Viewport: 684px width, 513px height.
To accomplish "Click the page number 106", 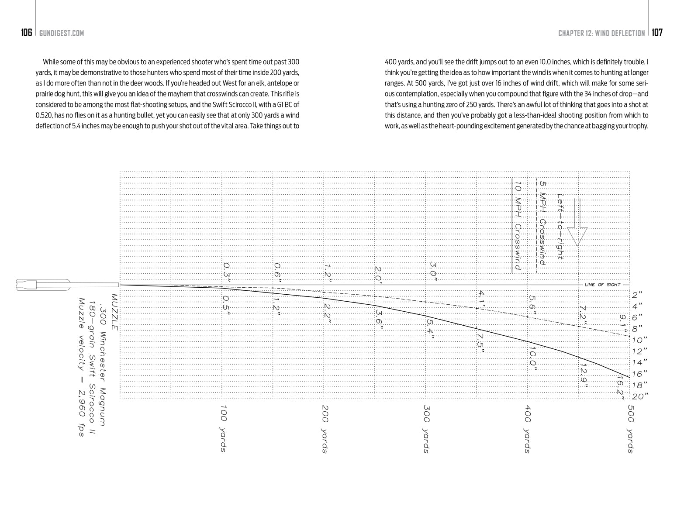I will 27,33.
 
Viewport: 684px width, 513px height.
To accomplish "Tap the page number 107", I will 657,33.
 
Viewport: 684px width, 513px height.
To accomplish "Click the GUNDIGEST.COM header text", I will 61,33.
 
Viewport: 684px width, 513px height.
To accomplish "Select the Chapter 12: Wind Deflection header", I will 601,33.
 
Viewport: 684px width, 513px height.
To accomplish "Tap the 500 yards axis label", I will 630,429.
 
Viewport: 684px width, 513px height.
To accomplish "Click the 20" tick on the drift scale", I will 640,396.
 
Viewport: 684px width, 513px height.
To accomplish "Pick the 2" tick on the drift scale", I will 637,295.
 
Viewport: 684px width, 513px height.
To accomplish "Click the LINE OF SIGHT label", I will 602,285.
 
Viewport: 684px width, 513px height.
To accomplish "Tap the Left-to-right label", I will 560,227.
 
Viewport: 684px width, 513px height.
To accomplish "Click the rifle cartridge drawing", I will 44,285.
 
